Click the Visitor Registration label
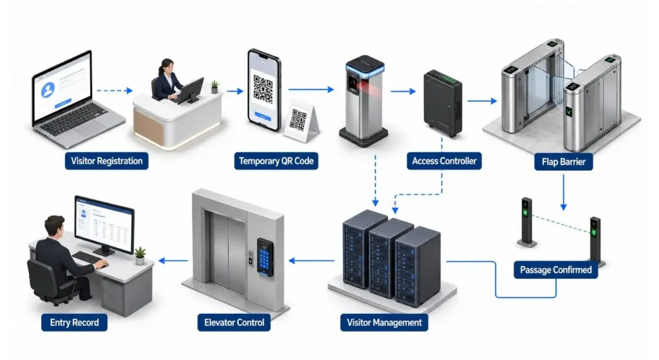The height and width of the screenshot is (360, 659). coord(107,161)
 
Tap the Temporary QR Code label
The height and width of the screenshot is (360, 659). coord(276,161)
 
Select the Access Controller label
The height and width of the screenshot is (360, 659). coord(444,161)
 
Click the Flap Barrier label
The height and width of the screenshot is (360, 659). coord(564,162)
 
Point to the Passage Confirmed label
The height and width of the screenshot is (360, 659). coord(555,270)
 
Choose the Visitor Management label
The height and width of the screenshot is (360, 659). coord(384,323)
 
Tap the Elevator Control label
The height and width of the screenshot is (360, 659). coord(234,323)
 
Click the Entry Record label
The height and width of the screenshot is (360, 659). coord(75,323)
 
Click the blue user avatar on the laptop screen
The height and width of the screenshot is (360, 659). coord(48,89)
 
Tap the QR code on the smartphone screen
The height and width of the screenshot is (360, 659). coord(263,89)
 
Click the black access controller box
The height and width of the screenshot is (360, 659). coord(443,104)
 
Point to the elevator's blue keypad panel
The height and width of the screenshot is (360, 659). coord(265,257)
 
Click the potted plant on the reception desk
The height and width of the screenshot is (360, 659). coord(215,87)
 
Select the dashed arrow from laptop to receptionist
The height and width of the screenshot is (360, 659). coord(115,90)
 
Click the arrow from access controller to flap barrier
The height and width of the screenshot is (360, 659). coord(482,101)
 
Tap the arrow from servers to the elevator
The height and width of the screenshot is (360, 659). coord(311,261)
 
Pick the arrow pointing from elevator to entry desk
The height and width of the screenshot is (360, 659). coord(173,261)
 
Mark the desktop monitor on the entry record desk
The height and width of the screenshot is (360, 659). coord(104,225)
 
